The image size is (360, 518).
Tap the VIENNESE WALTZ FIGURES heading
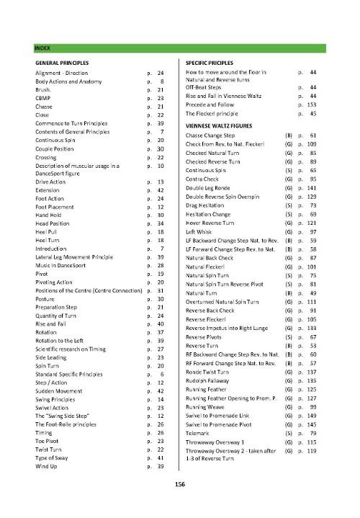tap(220, 125)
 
